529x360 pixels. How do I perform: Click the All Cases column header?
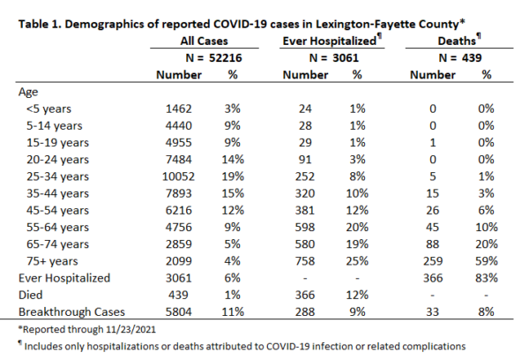(x=205, y=41)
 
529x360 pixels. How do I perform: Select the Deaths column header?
(x=457, y=41)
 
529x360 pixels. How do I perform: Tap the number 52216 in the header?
(x=226, y=57)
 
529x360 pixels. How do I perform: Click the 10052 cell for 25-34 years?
(x=178, y=176)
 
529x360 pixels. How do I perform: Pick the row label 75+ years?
(x=52, y=261)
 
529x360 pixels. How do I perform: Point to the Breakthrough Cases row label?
(x=71, y=311)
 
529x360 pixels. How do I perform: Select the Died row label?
(x=30, y=295)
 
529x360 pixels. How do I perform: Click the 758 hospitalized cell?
(x=305, y=261)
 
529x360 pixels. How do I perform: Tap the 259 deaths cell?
(x=433, y=261)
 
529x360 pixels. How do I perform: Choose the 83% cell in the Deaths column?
(x=486, y=278)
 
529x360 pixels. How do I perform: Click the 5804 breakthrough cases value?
(x=178, y=311)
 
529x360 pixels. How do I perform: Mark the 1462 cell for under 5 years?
(x=178, y=109)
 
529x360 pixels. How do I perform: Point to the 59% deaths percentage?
(x=486, y=261)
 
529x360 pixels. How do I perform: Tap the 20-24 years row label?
(x=57, y=160)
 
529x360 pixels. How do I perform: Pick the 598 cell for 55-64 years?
(x=305, y=227)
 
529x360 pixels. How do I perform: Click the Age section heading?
(x=28, y=92)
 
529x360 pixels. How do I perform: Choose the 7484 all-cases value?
(x=178, y=160)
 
